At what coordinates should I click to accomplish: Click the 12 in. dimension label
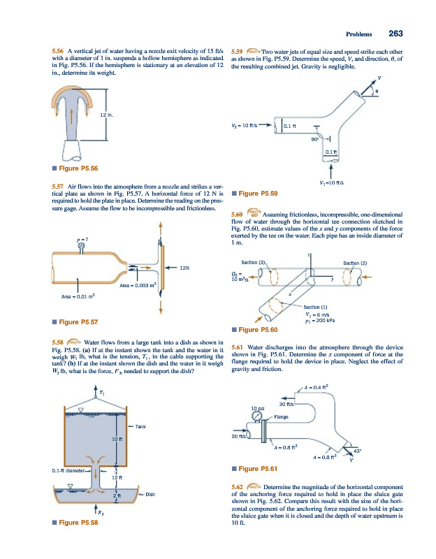tap(107, 114)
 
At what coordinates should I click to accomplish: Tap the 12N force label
tap(185, 267)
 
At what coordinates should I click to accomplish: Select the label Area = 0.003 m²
tap(141, 286)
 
